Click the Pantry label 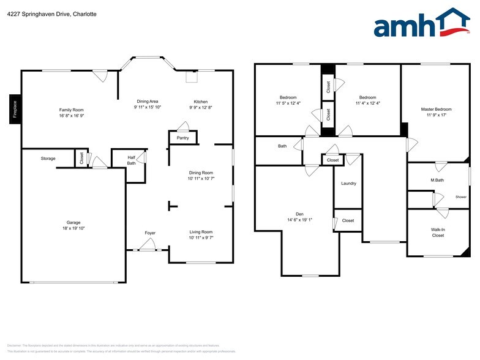[x=182, y=138]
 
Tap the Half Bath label [x=131, y=160]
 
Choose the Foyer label [x=150, y=233]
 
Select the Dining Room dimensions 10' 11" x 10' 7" [x=201, y=179]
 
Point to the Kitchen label [x=201, y=101]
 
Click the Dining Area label [x=148, y=101]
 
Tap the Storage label [x=48, y=159]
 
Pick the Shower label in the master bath [x=460, y=197]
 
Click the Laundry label [x=348, y=183]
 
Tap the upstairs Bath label [x=282, y=146]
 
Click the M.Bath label [x=437, y=180]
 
